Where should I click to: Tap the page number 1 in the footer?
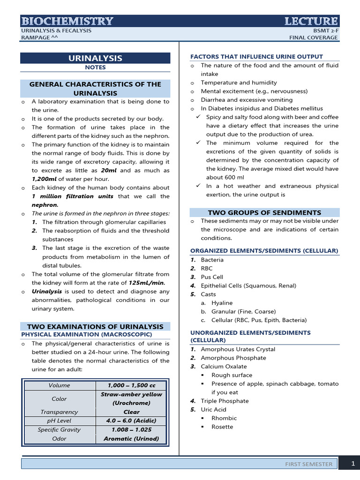point(353,464)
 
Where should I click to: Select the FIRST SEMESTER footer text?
point(309,464)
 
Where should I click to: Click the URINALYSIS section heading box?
point(95,58)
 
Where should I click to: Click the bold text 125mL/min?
point(147,283)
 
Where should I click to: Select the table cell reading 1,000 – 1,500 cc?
point(131,385)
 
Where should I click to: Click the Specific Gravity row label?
point(59,429)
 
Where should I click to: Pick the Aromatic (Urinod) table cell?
point(131,439)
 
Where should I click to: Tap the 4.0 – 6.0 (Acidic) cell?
point(131,420)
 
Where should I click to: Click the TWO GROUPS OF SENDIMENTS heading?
point(264,212)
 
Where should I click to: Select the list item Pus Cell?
point(212,277)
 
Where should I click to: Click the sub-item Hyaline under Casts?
point(222,303)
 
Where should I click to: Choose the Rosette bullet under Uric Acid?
point(222,427)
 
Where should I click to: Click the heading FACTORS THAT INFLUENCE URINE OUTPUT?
point(256,56)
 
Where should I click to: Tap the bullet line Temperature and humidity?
point(239,82)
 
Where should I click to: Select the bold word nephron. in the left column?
point(45,205)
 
